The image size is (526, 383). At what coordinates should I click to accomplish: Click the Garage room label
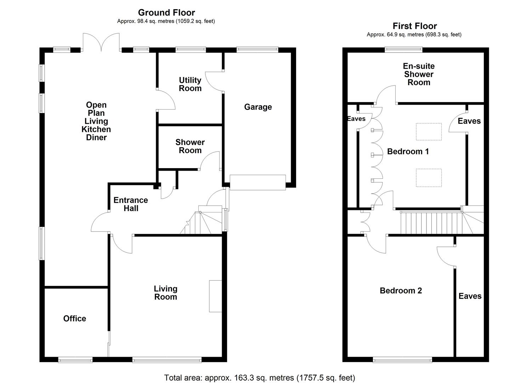pyautogui.click(x=258, y=107)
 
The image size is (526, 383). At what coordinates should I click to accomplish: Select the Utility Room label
pyautogui.click(x=190, y=84)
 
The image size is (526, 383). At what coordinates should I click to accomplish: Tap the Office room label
pyautogui.click(x=74, y=318)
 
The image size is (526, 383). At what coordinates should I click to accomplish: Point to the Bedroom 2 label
pyautogui.click(x=401, y=291)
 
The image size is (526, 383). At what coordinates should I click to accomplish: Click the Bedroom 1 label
pyautogui.click(x=408, y=152)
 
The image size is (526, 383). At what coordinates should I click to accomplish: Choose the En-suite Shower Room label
pyautogui.click(x=419, y=74)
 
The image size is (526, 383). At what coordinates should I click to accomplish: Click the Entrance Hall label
pyautogui.click(x=131, y=204)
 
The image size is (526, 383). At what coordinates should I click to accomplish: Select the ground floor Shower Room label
pyautogui.click(x=190, y=146)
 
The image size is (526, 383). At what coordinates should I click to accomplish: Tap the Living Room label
pyautogui.click(x=165, y=293)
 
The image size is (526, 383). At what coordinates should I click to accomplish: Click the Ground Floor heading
pyautogui.click(x=166, y=13)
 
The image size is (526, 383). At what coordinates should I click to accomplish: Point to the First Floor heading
pyautogui.click(x=414, y=26)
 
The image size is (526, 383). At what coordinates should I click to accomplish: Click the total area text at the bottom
pyautogui.click(x=259, y=378)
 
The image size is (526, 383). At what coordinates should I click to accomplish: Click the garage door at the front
pyautogui.click(x=258, y=183)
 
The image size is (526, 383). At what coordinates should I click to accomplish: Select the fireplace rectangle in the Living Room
pyautogui.click(x=215, y=296)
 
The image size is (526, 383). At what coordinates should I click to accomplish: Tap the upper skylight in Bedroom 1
pyautogui.click(x=429, y=132)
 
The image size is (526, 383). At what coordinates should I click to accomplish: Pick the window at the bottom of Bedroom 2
pyautogui.click(x=402, y=360)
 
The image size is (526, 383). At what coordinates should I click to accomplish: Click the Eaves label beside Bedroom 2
pyautogui.click(x=470, y=296)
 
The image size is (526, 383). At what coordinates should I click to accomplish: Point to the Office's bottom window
pyautogui.click(x=75, y=360)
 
